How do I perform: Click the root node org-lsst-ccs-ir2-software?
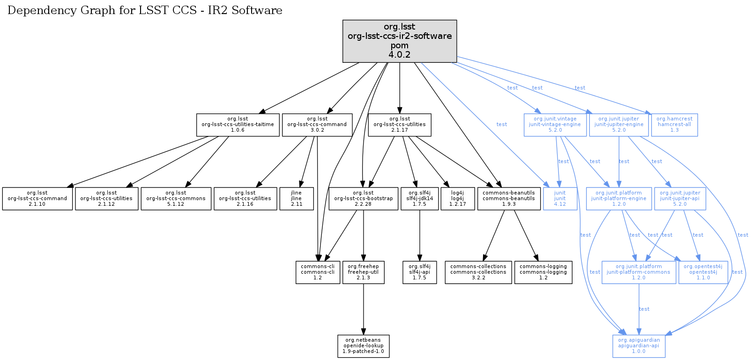coord(400,41)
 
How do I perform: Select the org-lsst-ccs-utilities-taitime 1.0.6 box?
coord(238,125)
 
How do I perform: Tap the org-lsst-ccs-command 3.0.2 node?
coord(317,125)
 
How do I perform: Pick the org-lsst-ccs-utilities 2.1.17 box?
coord(400,125)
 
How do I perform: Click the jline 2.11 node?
coord(296,199)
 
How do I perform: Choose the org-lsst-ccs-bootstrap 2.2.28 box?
coord(364,199)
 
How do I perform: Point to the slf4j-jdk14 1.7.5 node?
coord(420,199)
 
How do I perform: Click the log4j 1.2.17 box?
coord(457,199)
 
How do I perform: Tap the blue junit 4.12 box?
coord(560,199)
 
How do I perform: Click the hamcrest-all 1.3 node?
coord(674,125)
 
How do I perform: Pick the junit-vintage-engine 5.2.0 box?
coord(555,125)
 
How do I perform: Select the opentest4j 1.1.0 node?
coord(703,272)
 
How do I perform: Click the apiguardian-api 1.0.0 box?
coord(639,346)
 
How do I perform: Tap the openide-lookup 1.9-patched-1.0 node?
coord(364,346)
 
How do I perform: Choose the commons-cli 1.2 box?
coord(318,272)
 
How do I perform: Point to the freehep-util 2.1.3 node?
coord(364,272)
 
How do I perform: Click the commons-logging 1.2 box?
coord(543,272)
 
